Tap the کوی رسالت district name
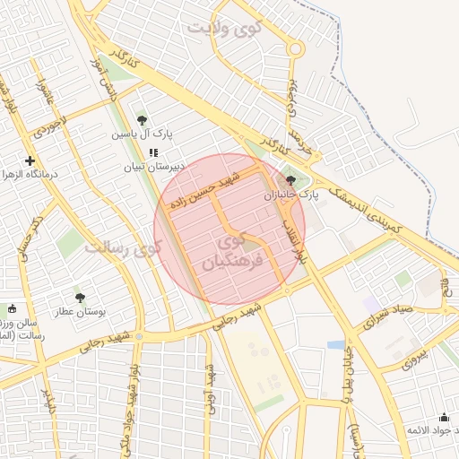(123, 247)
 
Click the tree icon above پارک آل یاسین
(142, 119)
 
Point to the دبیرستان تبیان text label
(153, 167)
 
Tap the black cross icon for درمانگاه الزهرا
(30, 160)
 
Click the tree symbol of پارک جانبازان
(292, 178)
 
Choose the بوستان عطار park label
(79, 313)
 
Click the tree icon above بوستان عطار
(80, 298)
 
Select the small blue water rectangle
(335, 344)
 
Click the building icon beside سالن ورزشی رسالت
(11, 309)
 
